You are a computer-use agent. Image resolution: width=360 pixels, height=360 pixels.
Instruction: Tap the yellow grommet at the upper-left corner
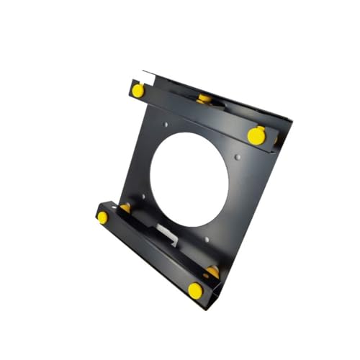(x=137, y=90)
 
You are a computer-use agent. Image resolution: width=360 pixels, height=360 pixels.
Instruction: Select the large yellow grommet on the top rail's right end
(x=256, y=135)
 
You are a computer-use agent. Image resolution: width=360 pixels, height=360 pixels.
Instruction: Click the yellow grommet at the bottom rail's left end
(x=102, y=217)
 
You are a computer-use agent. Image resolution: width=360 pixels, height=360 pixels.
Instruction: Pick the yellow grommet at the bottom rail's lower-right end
(x=195, y=290)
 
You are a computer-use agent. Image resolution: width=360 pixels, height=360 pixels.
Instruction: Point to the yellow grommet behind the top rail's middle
(x=204, y=98)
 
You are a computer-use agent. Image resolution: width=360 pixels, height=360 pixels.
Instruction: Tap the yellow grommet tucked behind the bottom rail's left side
(x=125, y=208)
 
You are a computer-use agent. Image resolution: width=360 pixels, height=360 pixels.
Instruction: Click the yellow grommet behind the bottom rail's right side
(x=212, y=271)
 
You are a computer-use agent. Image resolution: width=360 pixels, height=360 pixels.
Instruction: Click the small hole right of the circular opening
(x=238, y=156)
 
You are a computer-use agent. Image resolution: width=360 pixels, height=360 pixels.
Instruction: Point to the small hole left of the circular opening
(x=143, y=195)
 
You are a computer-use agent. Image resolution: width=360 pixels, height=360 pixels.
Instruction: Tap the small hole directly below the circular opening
(x=207, y=239)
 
